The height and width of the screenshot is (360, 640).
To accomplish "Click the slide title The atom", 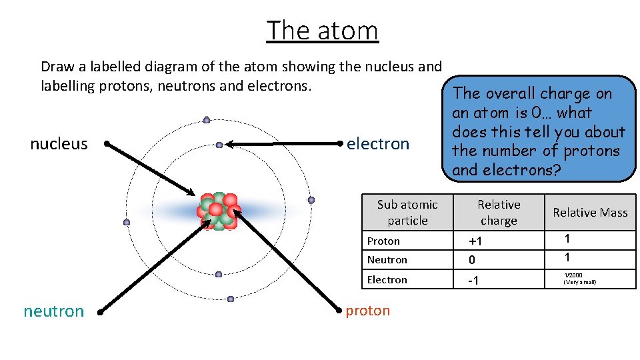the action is [322, 31].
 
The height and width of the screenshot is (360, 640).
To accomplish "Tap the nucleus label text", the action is [59, 144].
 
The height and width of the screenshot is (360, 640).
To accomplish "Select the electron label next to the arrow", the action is [378, 144].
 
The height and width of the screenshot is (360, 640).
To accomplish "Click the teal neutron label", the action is [54, 311].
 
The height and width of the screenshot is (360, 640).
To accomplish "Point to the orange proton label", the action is [367, 311].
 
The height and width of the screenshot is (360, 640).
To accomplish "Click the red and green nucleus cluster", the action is [217, 211].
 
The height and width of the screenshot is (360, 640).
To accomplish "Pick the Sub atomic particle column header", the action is [407, 212].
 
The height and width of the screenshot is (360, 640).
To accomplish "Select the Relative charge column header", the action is [499, 212].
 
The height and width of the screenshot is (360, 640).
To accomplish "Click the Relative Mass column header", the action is [590, 213].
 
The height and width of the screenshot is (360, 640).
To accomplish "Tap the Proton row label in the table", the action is [383, 241].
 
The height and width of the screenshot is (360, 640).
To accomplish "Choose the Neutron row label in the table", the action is [387, 259].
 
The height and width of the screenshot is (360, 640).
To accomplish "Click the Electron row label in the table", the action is [387, 279].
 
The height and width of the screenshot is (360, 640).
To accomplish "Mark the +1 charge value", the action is [475, 241].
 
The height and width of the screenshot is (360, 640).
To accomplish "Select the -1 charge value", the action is [473, 280].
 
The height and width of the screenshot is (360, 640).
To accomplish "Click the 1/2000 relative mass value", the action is [573, 275].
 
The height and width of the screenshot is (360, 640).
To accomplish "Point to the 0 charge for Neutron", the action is [473, 259].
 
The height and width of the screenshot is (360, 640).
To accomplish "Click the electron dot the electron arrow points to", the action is [219, 145].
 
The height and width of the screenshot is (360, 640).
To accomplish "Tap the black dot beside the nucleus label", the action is [107, 143].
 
